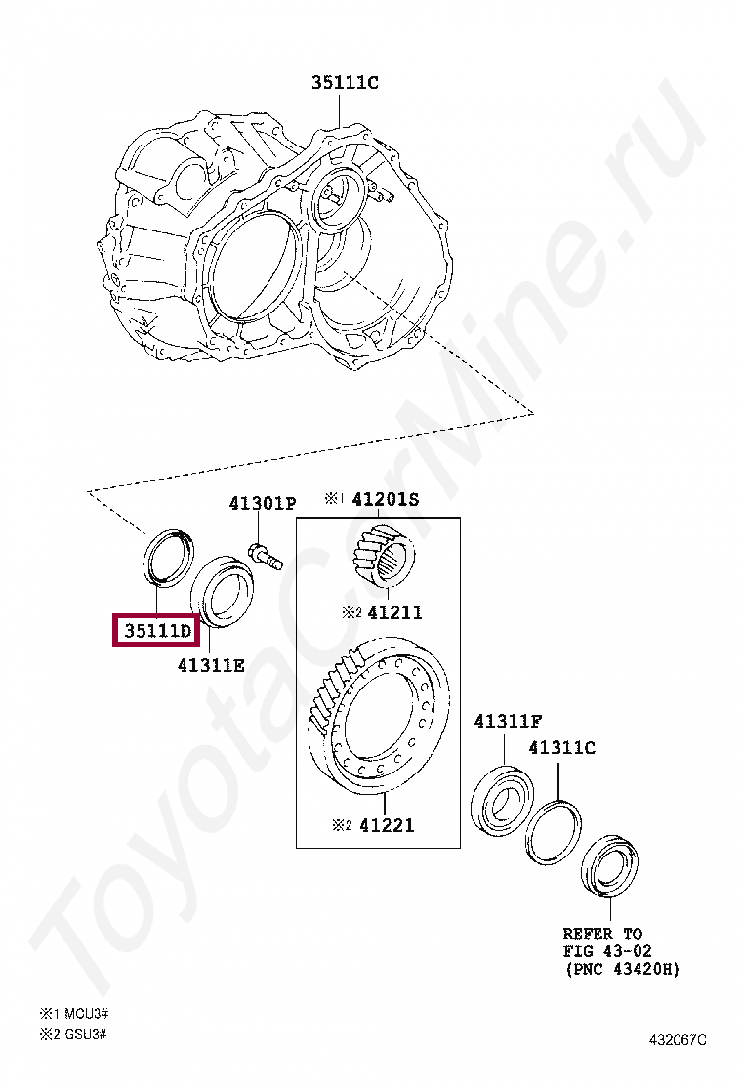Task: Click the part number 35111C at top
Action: (345, 82)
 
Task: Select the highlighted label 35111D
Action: (157, 631)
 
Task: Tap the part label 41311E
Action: (211, 666)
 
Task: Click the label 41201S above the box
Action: (386, 499)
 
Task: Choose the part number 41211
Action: (394, 612)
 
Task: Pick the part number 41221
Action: (387, 825)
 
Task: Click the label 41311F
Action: (508, 721)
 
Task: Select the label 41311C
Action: (562, 748)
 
